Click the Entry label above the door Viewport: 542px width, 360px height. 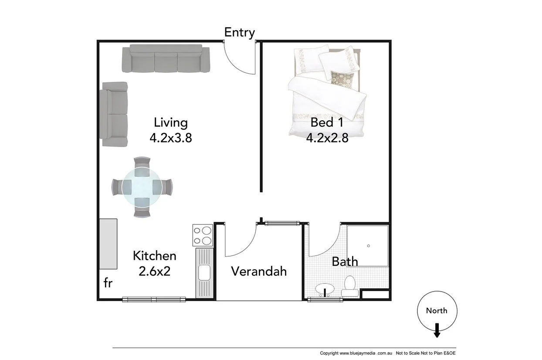239,32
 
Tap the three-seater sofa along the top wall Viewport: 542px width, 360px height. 166,59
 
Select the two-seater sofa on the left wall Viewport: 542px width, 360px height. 115,114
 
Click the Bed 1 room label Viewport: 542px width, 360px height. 327,122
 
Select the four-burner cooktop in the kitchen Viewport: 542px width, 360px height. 203,235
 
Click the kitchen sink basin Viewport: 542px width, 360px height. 204,273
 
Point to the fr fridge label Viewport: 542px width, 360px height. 108,283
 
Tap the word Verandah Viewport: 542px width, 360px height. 259,271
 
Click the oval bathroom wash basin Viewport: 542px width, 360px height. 325,289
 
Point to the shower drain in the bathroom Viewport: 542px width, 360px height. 368,246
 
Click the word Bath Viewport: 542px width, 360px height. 345,262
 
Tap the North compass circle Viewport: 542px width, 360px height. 437,311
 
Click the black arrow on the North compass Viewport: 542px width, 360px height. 437,332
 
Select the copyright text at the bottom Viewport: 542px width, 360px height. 390,353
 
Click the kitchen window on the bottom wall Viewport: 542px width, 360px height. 154,299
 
